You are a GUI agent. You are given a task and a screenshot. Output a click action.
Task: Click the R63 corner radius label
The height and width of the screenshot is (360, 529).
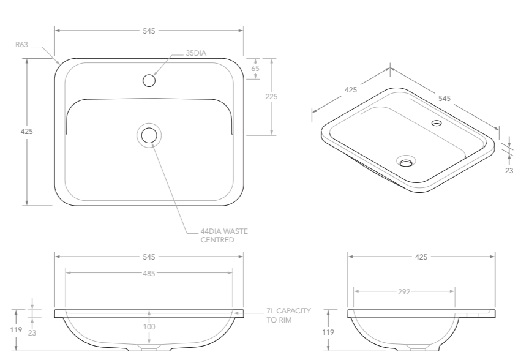[x=21, y=44]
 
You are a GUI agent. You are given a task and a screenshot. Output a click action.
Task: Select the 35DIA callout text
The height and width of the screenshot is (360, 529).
[x=196, y=53]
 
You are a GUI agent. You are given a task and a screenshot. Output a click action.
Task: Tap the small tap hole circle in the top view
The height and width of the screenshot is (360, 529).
[x=149, y=80]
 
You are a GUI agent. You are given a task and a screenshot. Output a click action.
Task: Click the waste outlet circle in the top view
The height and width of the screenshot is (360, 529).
[x=149, y=135]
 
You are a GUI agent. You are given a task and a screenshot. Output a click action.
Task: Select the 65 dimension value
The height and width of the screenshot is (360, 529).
[x=255, y=69]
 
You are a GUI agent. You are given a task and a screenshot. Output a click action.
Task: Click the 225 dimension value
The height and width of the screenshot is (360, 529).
[x=272, y=97]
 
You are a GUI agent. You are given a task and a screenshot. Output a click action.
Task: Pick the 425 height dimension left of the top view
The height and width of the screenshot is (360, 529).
[x=26, y=132]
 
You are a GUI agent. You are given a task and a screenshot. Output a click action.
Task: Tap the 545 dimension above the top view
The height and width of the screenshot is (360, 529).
[x=149, y=30]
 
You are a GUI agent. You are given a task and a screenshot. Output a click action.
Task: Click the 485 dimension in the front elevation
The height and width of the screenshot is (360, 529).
[x=149, y=274]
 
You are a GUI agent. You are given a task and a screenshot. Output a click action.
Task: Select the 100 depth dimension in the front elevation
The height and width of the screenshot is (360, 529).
[x=149, y=327]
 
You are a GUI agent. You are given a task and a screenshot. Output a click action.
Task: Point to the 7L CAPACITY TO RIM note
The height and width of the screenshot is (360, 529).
[x=288, y=315]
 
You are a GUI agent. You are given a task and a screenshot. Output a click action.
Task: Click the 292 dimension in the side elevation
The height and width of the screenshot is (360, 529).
[x=404, y=292]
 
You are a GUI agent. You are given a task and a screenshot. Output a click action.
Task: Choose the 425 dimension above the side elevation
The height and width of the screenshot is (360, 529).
[x=421, y=257]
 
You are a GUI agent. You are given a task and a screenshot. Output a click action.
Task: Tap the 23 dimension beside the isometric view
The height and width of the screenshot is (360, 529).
[x=509, y=171]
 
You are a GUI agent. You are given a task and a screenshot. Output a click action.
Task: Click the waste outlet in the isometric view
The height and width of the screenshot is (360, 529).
[x=405, y=162]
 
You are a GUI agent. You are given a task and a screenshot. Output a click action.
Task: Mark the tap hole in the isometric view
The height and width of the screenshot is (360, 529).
[x=437, y=123]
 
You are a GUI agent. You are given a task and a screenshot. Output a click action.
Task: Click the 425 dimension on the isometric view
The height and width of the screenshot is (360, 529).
[x=350, y=90]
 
